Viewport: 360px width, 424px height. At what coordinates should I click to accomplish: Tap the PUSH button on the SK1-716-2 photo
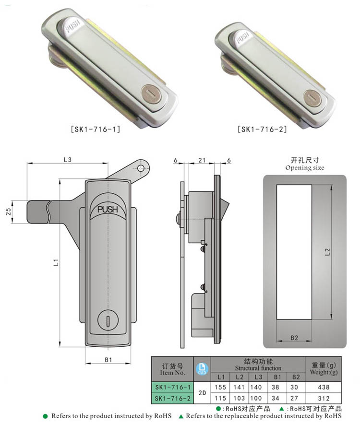241,38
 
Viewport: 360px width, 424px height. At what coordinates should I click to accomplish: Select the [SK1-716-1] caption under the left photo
95,129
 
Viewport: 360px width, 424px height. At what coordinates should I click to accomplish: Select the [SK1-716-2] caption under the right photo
262,129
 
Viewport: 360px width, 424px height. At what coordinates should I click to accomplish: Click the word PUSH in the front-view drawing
108,209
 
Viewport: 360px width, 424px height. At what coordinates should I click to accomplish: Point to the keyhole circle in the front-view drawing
108,320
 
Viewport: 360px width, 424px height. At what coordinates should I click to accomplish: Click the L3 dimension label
68,160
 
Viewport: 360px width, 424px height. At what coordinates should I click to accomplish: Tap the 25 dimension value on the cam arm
8,211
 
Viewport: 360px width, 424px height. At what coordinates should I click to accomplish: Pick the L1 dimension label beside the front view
56,262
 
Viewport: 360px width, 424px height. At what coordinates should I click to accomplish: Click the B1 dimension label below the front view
108,360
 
